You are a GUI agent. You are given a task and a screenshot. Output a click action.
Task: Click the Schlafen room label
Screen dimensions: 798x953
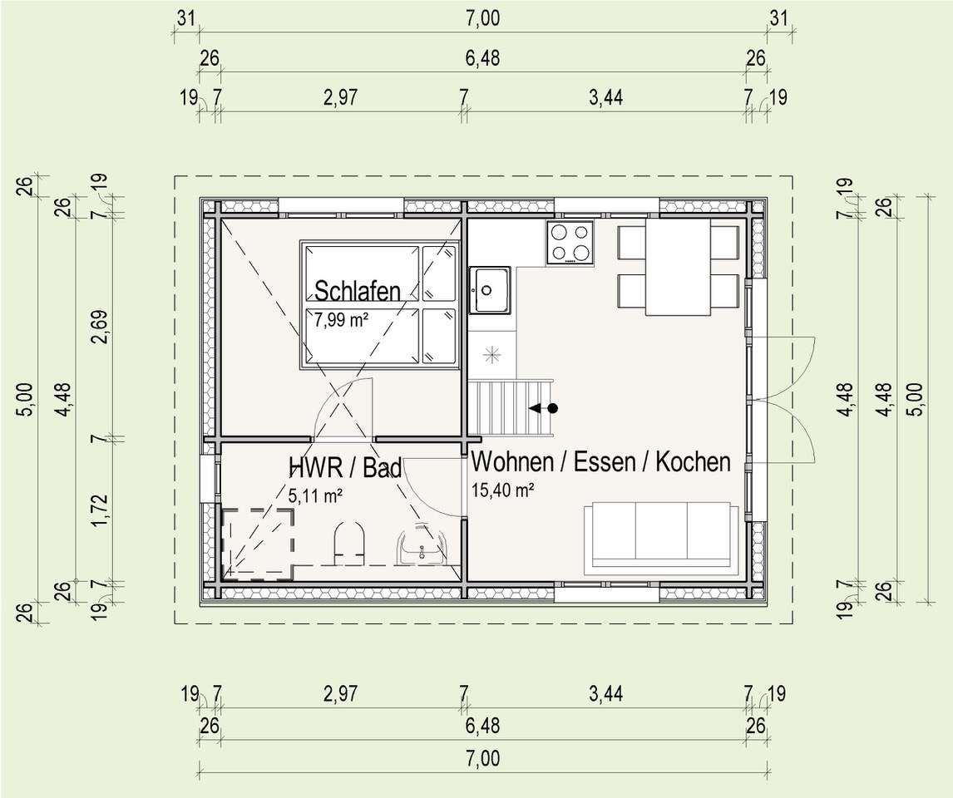(x=357, y=291)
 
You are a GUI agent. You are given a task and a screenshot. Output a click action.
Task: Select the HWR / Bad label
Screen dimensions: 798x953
(x=344, y=467)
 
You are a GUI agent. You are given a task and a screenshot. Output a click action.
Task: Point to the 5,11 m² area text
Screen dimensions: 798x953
(x=316, y=495)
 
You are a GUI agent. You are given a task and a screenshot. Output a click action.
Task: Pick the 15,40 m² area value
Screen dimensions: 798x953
(x=502, y=490)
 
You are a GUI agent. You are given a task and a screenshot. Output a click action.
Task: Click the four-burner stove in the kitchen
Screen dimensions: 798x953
(x=570, y=243)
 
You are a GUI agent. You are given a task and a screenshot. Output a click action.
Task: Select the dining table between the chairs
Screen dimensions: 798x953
(x=678, y=267)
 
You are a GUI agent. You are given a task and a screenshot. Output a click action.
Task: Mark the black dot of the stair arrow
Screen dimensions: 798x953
(x=552, y=408)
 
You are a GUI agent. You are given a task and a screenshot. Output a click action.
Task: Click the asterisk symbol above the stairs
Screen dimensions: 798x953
(x=491, y=354)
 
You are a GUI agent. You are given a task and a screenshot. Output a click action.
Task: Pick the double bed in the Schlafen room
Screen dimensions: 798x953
(x=380, y=304)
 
